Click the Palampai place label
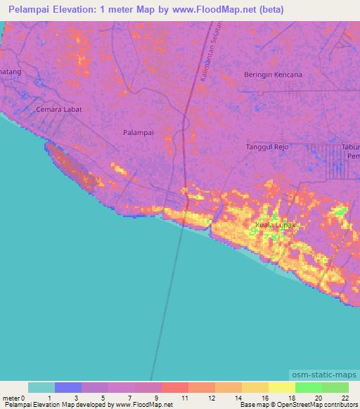[x=138, y=131]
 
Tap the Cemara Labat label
[x=60, y=110]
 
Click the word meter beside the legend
[x=11, y=398]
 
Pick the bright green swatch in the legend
[x=308, y=387]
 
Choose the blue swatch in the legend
[x=67, y=387]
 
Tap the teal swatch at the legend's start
[x=41, y=387]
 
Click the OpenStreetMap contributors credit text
[x=317, y=405]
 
